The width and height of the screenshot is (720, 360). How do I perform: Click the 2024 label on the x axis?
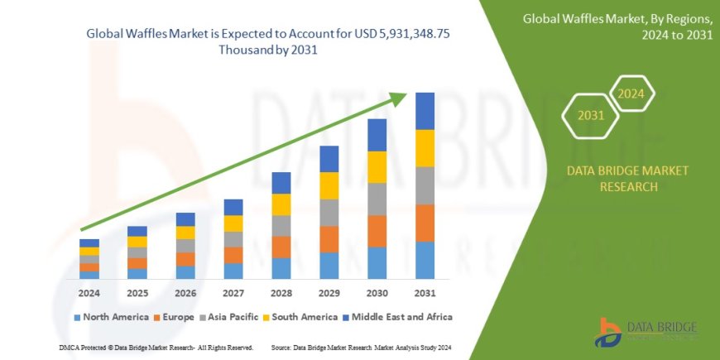tap(89, 293)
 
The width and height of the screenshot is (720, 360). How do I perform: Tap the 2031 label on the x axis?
tap(425, 293)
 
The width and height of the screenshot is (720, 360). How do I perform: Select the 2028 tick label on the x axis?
tap(281, 293)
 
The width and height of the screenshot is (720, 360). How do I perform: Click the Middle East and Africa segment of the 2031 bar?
tap(425, 111)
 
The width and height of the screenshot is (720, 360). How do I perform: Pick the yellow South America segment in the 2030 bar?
tap(377, 167)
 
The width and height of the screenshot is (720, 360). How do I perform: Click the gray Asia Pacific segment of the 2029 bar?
tap(329, 213)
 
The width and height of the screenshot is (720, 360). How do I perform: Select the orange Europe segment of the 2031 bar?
tap(425, 223)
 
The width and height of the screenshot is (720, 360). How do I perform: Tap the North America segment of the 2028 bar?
tap(281, 268)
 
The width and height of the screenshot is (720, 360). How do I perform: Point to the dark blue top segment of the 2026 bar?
tap(185, 219)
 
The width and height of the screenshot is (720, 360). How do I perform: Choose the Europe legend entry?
tap(174, 317)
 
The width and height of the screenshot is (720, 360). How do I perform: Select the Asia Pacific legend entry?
tap(228, 317)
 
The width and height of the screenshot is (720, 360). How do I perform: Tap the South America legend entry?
tap(301, 317)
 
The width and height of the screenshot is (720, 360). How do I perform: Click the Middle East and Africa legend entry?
tap(397, 317)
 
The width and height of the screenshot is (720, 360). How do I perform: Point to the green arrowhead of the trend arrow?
tap(401, 98)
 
